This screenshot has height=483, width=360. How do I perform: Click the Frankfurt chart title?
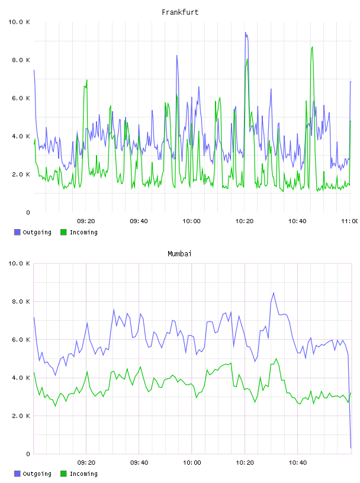click(x=180, y=12)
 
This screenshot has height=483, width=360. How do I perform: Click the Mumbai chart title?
click(x=179, y=254)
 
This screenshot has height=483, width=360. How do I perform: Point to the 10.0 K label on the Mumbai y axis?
click(x=19, y=263)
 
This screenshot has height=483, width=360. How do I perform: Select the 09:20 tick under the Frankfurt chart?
click(x=86, y=221)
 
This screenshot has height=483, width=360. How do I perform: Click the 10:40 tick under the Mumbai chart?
click(x=297, y=462)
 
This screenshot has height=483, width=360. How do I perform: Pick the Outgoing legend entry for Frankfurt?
click(x=33, y=232)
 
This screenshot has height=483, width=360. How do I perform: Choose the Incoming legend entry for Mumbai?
click(x=79, y=474)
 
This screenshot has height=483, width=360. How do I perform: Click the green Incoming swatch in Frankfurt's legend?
click(x=63, y=232)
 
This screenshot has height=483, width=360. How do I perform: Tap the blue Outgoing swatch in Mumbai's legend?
click(x=17, y=474)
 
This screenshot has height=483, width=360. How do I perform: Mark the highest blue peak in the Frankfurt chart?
click(x=246, y=33)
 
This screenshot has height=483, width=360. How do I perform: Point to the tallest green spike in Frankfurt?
click(x=312, y=47)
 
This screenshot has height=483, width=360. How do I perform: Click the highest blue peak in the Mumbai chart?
click(x=274, y=293)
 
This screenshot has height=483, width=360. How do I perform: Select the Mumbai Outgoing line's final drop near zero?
click(x=351, y=447)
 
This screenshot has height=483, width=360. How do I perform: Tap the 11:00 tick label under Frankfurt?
click(x=350, y=221)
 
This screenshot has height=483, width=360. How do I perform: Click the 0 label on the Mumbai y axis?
click(x=28, y=454)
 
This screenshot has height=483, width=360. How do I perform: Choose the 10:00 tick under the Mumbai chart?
click(x=192, y=462)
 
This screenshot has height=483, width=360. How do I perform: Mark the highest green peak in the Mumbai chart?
click(x=276, y=359)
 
